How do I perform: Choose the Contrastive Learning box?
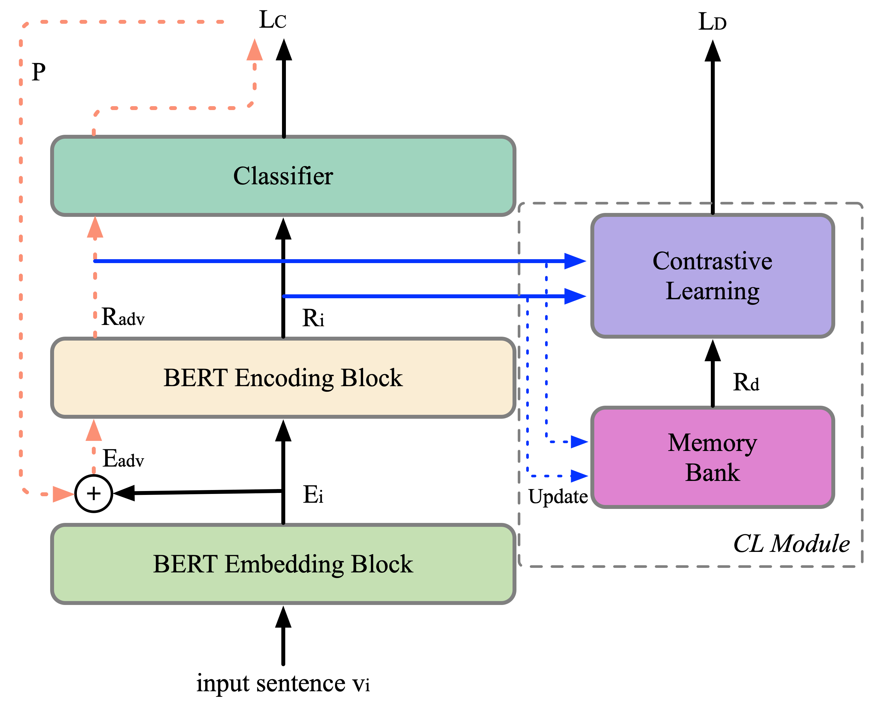tap(712, 276)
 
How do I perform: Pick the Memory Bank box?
tap(712, 457)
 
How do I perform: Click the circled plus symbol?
tap(94, 493)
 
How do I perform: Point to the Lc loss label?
tap(273, 20)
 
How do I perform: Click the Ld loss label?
tap(712, 22)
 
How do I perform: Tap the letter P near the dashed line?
tap(39, 72)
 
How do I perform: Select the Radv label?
tap(123, 317)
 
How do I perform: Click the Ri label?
tap(313, 318)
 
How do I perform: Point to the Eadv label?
tap(123, 459)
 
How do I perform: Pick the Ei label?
tap(313, 495)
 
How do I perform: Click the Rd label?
tap(746, 383)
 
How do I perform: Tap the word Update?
tap(558, 497)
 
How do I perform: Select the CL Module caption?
tap(791, 544)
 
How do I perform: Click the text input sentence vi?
tap(283, 683)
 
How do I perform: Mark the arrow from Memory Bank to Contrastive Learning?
tap(712, 374)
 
